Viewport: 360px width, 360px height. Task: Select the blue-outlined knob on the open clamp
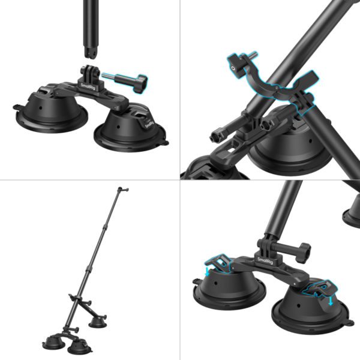click(x=235, y=62)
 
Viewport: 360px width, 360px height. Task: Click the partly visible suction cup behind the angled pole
click(x=349, y=213)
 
